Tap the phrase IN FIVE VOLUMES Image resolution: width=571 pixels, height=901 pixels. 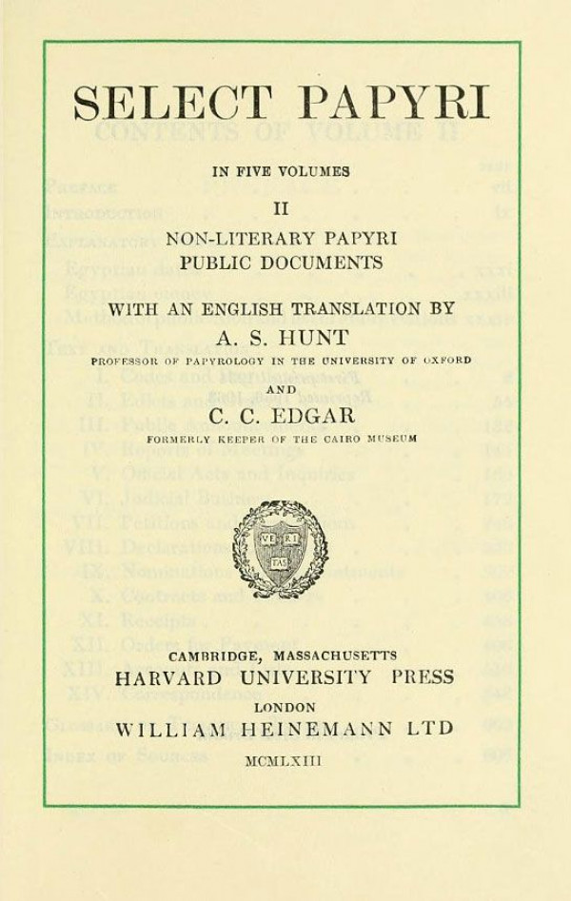pos(281,172)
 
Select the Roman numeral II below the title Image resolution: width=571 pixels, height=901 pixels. pos(282,206)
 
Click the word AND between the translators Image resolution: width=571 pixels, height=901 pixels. pos(281,388)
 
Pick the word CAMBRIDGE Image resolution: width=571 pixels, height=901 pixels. pos(211,656)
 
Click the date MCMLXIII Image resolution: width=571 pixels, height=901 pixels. pos(283,761)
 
